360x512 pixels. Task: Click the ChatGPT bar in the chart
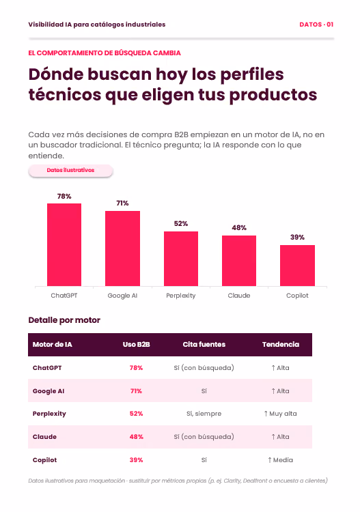64,244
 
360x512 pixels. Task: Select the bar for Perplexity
181,259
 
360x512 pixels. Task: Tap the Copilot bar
297,266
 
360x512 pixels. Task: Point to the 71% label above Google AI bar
122,203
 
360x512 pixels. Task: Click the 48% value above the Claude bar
239,227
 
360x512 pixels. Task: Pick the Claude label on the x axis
239,296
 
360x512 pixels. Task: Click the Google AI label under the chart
122,296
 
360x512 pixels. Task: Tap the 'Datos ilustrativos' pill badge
70,171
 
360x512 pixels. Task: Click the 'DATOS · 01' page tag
316,25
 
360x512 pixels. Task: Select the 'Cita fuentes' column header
204,345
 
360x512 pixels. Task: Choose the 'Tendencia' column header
281,345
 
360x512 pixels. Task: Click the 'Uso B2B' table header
136,345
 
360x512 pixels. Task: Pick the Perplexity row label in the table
49,414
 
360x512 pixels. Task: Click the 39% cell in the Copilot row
136,460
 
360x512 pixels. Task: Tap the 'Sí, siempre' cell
204,414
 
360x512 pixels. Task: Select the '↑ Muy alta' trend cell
280,414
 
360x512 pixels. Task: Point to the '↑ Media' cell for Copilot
280,460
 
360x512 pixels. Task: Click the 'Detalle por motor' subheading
64,320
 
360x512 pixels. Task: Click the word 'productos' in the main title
273,95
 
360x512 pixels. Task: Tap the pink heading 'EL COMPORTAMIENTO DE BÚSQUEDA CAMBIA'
105,53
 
